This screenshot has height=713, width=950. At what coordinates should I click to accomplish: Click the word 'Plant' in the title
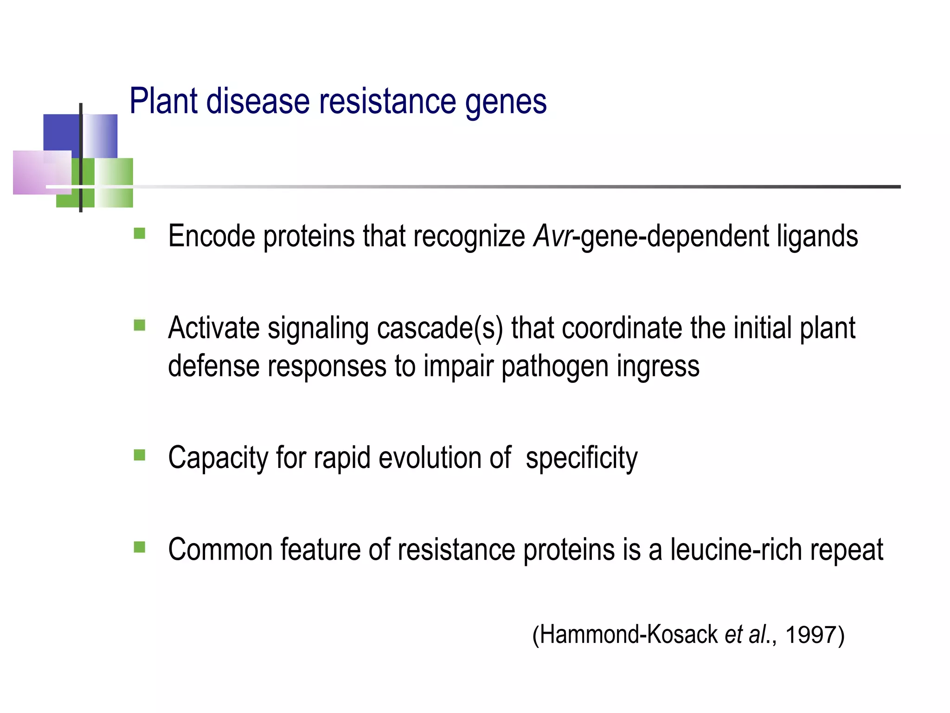(164, 101)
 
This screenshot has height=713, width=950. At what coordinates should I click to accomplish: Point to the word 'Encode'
(212, 236)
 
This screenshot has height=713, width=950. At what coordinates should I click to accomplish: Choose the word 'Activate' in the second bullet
(213, 328)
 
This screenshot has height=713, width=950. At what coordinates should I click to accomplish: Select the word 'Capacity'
(218, 458)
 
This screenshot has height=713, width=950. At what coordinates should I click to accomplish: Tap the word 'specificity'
(581, 458)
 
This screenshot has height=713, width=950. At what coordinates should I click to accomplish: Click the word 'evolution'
(430, 457)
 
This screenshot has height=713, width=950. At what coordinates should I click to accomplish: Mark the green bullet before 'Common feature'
(139, 547)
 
